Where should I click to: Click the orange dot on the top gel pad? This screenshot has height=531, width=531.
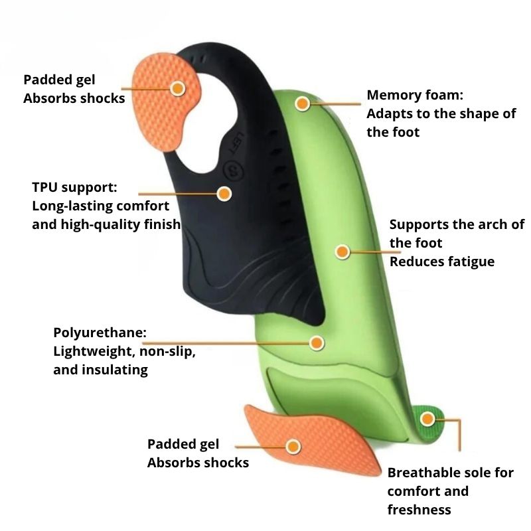(177, 88)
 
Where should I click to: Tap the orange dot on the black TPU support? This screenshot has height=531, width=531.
(224, 193)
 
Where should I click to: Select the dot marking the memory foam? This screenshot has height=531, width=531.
(303, 104)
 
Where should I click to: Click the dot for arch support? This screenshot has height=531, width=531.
(342, 252)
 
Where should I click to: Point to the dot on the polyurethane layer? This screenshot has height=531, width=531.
(317, 343)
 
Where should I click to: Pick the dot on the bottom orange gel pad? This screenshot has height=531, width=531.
(293, 445)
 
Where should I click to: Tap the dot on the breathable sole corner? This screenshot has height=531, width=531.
(427, 419)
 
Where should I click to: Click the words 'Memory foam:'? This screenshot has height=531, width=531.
(415, 96)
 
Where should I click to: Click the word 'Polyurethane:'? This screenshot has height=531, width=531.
(100, 333)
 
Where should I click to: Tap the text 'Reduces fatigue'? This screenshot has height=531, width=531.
(441, 262)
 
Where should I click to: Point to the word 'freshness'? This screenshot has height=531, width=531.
(419, 510)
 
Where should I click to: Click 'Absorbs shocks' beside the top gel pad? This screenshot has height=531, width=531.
(74, 98)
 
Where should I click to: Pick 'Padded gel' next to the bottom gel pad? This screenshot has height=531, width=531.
(183, 444)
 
